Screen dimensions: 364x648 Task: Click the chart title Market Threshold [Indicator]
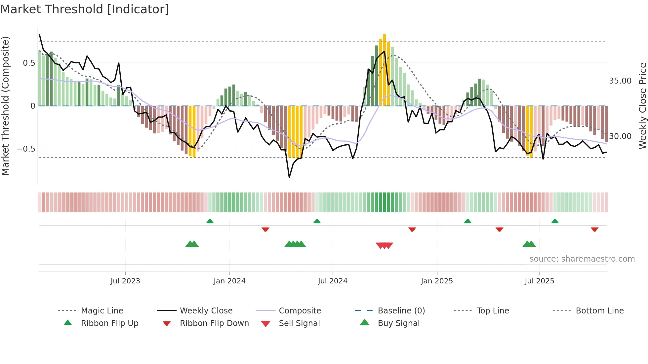[85, 9]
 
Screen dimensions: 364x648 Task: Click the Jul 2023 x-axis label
[125, 281]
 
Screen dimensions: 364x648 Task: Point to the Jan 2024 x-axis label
[229, 281]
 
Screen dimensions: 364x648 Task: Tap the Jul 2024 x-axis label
[333, 281]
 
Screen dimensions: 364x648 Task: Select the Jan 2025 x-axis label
[437, 281]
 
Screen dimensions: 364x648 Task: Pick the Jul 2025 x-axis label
[539, 281]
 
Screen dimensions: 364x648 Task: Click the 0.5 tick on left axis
[29, 63]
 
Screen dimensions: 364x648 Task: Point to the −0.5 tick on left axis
[26, 149]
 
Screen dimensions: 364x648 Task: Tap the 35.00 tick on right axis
[620, 81]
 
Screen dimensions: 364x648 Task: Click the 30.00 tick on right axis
[620, 136]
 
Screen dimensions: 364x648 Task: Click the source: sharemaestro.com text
[582, 259]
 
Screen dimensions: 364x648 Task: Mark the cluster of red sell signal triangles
[385, 245]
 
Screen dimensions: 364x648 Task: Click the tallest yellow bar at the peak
[385, 69]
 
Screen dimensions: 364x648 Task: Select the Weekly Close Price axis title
[642, 106]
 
